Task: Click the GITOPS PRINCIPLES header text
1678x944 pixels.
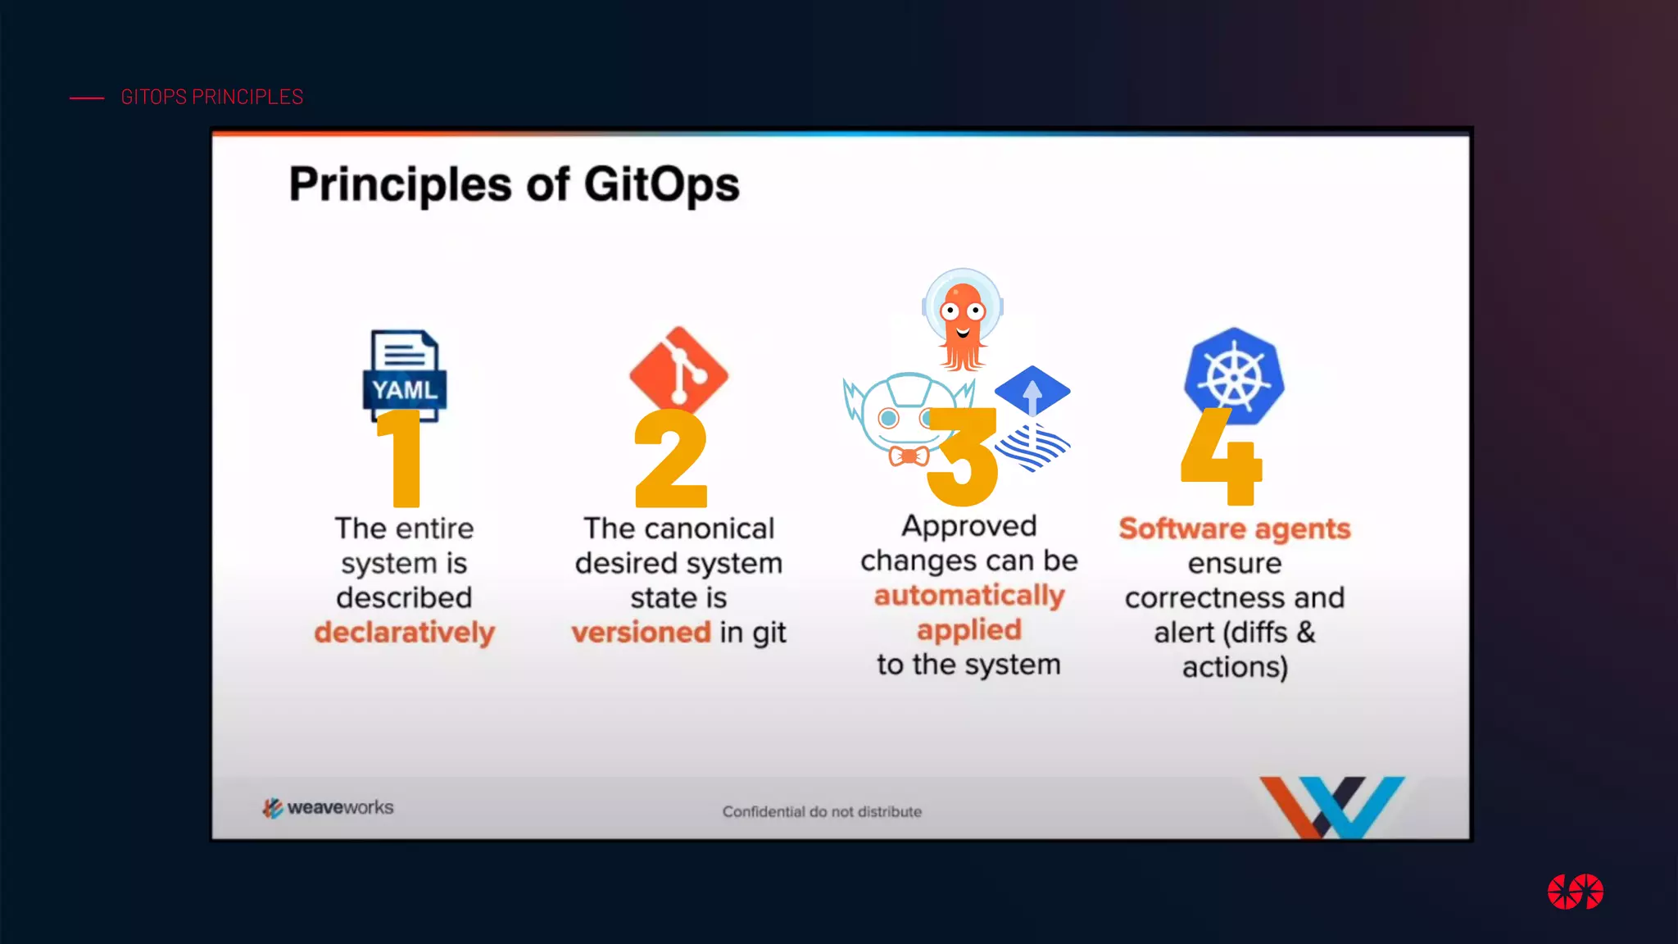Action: (x=211, y=97)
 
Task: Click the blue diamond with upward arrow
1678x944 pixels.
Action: (x=1032, y=390)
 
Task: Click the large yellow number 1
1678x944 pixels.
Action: (x=401, y=459)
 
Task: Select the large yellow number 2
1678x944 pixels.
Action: (x=670, y=459)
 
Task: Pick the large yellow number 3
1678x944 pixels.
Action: (x=964, y=459)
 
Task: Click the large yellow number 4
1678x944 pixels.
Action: (x=1221, y=459)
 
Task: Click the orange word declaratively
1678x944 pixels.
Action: (x=405, y=633)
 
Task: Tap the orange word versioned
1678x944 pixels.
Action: (x=641, y=633)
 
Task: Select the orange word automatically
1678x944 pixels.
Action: (x=969, y=596)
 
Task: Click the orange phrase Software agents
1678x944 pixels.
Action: (x=1235, y=529)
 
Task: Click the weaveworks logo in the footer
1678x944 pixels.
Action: (x=328, y=808)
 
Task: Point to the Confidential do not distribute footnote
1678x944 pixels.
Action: (x=822, y=811)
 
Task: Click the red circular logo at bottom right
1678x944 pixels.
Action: (x=1575, y=892)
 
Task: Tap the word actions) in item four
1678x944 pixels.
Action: (x=1235, y=667)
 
